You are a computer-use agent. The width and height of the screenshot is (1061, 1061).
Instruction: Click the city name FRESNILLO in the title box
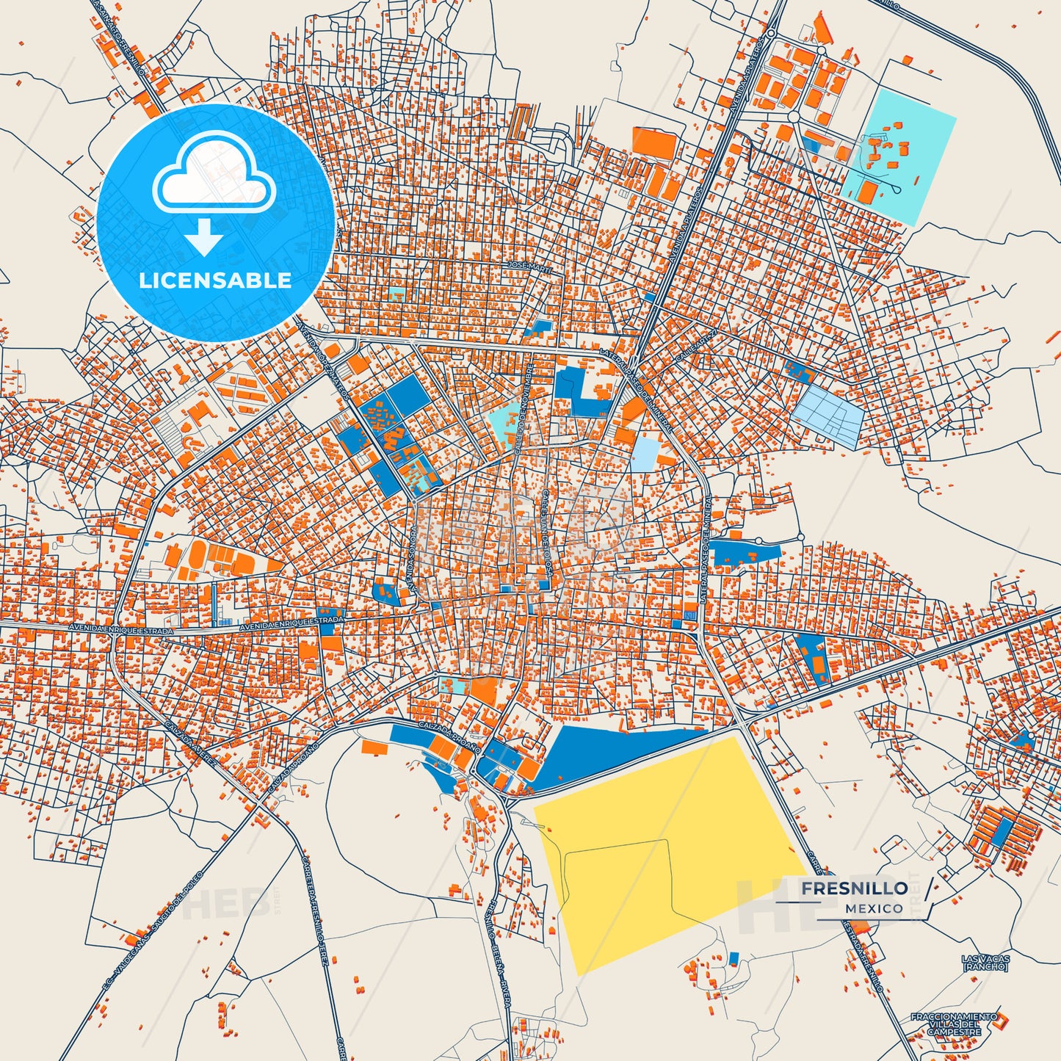pos(854,888)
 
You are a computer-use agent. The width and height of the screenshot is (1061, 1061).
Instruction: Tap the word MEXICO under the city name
pos(874,908)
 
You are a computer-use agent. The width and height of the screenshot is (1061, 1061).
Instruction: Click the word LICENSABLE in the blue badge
pos(215,280)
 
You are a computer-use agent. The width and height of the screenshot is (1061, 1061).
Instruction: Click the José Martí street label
pos(529,264)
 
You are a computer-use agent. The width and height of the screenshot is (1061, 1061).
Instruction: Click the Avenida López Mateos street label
pos(324,352)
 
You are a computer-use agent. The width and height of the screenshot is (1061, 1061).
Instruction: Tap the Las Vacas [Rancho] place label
pos(985,963)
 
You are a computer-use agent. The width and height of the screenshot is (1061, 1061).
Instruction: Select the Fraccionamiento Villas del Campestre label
pos(954,1024)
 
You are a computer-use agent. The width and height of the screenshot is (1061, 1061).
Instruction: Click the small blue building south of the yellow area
pos(733,958)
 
